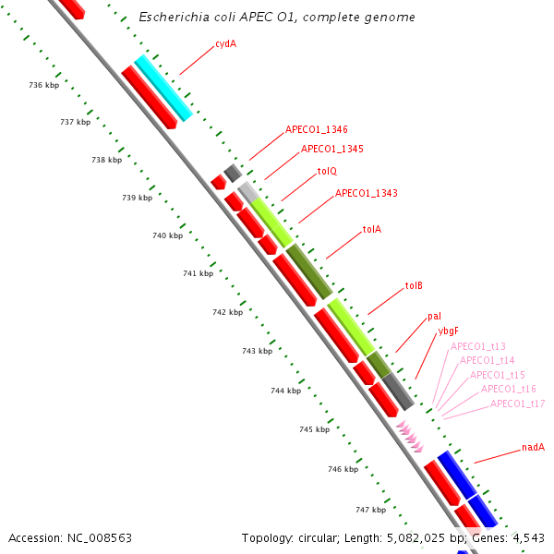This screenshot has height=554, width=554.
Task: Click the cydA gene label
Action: (225, 43)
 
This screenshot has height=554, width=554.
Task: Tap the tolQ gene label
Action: (327, 171)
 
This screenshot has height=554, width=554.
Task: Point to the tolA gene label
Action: (372, 229)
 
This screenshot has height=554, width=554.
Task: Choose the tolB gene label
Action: (414, 286)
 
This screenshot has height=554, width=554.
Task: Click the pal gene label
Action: (434, 317)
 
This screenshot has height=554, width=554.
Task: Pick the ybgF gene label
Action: (448, 331)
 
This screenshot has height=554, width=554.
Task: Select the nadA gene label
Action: (533, 448)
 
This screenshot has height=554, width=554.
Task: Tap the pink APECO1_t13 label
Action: (478, 346)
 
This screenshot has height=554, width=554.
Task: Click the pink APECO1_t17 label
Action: (517, 403)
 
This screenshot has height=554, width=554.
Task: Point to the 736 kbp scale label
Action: (43, 85)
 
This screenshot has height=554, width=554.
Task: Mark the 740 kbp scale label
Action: (167, 235)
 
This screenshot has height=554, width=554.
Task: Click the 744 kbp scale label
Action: (285, 391)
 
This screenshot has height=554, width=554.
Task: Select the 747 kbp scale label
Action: (370, 510)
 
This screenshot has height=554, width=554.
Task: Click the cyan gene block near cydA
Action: (163, 88)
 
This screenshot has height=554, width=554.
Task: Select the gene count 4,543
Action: (526, 537)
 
